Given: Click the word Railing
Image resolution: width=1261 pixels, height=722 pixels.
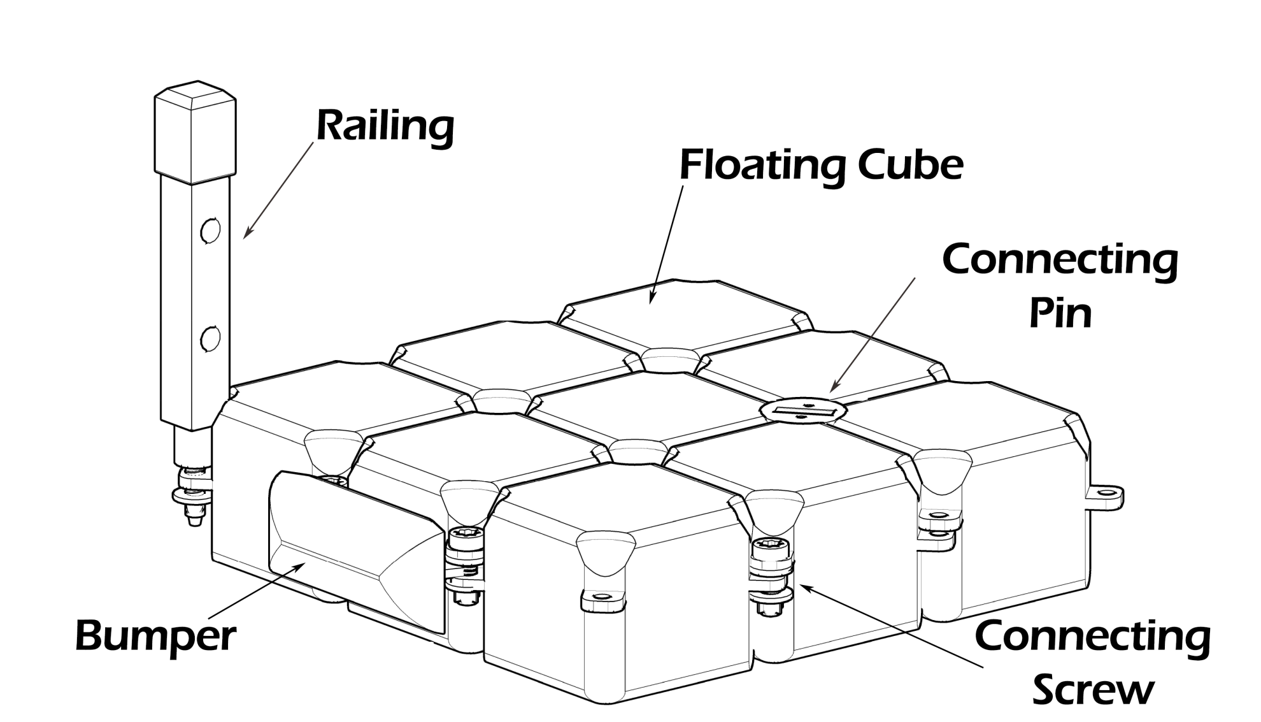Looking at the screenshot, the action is click(x=385, y=128).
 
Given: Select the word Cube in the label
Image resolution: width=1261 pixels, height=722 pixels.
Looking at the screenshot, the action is click(x=910, y=165).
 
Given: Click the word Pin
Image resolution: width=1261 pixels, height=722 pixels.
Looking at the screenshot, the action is click(x=1060, y=312).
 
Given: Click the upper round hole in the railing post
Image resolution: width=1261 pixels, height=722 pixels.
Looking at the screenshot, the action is click(x=210, y=230).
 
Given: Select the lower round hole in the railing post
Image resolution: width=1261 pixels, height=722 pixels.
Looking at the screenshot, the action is click(x=210, y=338).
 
